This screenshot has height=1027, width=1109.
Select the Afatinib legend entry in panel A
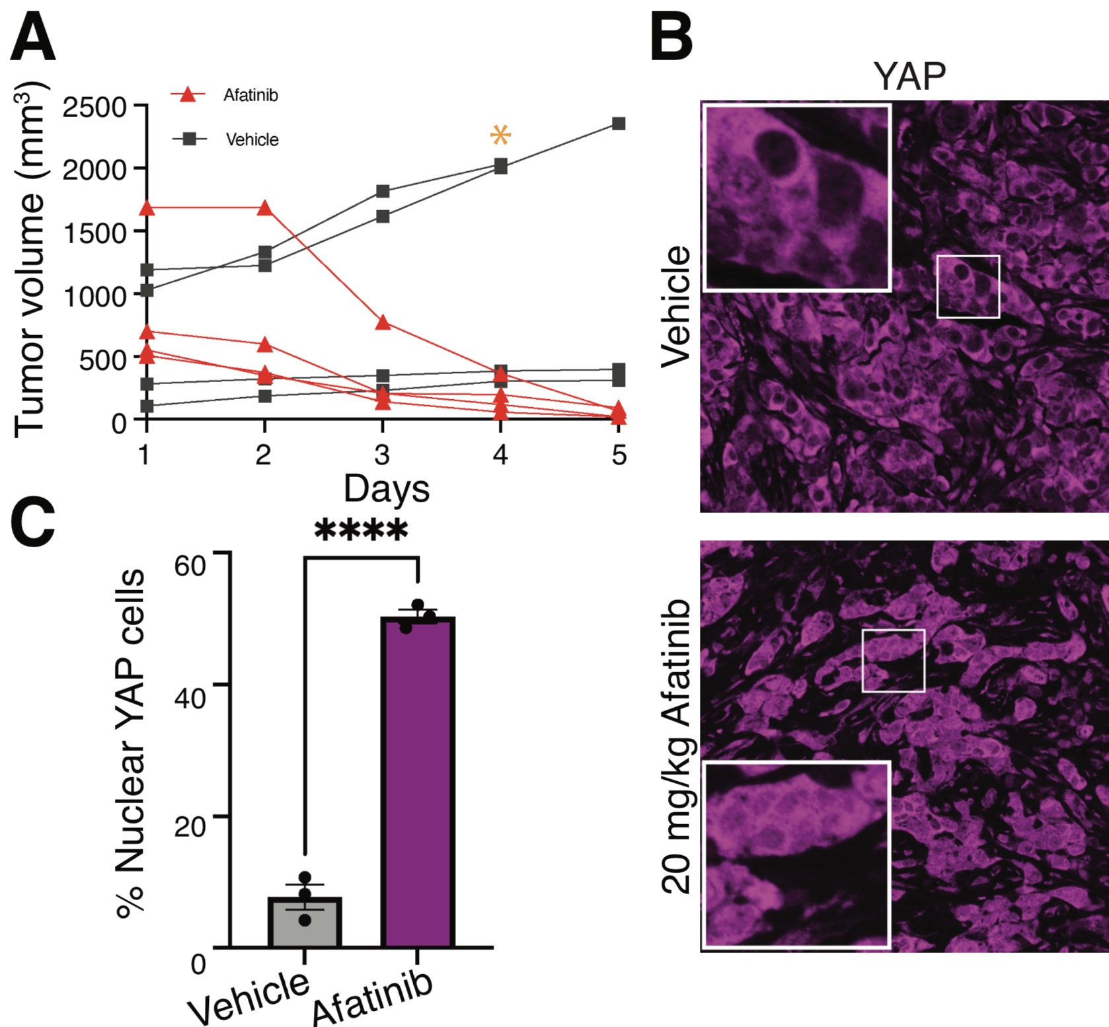tap(250, 95)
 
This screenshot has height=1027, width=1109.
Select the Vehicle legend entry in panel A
tap(252, 139)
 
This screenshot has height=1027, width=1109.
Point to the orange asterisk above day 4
tap(500, 135)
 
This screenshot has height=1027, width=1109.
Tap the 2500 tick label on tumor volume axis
tap(94, 106)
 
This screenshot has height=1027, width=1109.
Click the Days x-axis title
tap(386, 489)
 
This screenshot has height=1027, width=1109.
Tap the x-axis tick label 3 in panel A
tap(382, 455)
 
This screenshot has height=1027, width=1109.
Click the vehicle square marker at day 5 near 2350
tap(619, 124)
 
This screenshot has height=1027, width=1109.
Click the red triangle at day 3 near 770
tap(383, 323)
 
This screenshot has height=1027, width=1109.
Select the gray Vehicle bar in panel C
tap(304, 922)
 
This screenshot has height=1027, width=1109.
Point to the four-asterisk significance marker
tap(361, 531)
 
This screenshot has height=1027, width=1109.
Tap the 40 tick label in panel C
tap(190, 697)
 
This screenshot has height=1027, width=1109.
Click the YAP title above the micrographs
tap(909, 76)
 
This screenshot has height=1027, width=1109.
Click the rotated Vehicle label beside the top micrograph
tap(675, 306)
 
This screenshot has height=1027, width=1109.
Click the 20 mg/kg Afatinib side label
tap(675, 747)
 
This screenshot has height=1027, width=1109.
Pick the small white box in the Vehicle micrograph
tap(968, 286)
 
